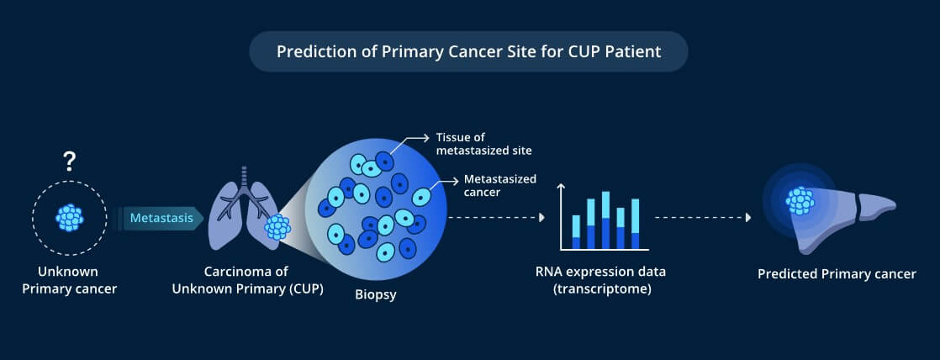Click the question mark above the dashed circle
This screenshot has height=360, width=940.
click(x=70, y=161)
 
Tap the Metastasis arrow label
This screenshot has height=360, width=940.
click(x=161, y=218)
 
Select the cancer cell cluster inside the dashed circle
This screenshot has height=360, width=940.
click(x=70, y=217)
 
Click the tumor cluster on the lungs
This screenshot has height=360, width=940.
click(x=277, y=227)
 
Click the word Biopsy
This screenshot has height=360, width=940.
click(x=376, y=294)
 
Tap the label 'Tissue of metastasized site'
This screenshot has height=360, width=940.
click(x=483, y=144)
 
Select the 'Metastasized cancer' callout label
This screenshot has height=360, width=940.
click(x=500, y=185)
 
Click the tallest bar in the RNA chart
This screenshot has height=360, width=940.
click(x=605, y=220)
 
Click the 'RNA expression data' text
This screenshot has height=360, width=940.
click(x=600, y=271)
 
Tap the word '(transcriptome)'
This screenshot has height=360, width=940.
click(x=601, y=289)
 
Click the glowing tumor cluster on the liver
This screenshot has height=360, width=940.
click(x=800, y=200)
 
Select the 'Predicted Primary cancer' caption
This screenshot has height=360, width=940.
click(x=837, y=274)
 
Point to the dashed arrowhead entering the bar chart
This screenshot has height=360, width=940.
click(x=542, y=218)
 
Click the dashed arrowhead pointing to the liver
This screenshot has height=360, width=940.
click(x=748, y=218)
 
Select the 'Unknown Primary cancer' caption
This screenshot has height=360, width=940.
click(x=70, y=280)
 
